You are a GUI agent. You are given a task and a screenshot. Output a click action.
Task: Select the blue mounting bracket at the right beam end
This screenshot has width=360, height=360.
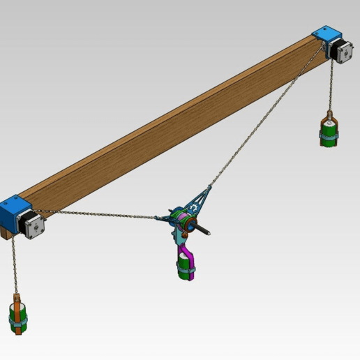point(324,34)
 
